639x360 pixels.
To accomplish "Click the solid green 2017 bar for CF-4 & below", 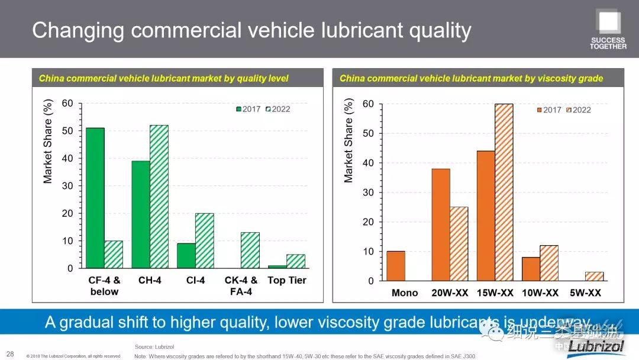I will [95, 198].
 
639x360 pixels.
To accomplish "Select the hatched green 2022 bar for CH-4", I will [159, 197].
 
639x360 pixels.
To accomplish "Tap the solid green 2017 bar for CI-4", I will [186, 256].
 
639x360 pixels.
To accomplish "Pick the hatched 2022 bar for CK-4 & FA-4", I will [250, 250].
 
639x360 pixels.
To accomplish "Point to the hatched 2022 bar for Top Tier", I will [295, 261].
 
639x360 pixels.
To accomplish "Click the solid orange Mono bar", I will [396, 266].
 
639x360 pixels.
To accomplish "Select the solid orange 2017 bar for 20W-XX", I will [441, 225].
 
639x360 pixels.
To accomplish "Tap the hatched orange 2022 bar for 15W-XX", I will [504, 192].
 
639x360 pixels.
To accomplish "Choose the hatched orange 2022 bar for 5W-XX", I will [594, 277].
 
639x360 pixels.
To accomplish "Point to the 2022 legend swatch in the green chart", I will [268, 109].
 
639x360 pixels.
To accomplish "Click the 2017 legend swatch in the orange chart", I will [540, 110].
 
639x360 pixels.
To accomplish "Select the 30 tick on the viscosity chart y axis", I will [369, 192].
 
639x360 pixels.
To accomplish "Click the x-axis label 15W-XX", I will [495, 293].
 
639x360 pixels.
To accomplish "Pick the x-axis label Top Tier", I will [286, 280].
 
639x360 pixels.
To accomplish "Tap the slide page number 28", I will [10, 354].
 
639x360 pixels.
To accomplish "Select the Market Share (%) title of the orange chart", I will [348, 140].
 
